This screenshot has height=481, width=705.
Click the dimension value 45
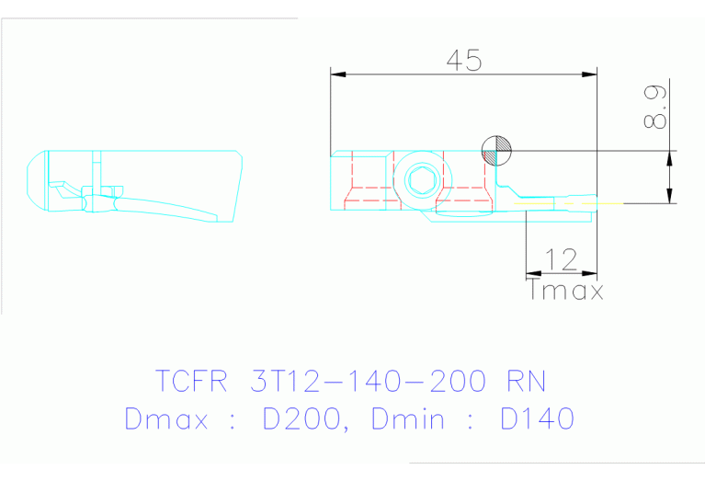(x=463, y=60)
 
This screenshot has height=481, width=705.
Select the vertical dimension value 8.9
(x=656, y=109)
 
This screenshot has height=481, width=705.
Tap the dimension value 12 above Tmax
(x=560, y=259)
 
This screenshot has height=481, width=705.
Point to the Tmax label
(x=566, y=292)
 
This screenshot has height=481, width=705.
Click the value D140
(x=538, y=419)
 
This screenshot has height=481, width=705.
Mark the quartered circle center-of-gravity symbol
(x=497, y=150)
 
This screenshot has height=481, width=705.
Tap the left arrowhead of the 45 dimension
(x=337, y=74)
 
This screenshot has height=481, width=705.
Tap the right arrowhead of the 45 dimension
(x=590, y=74)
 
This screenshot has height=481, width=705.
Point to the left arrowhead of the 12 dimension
(x=531, y=273)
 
